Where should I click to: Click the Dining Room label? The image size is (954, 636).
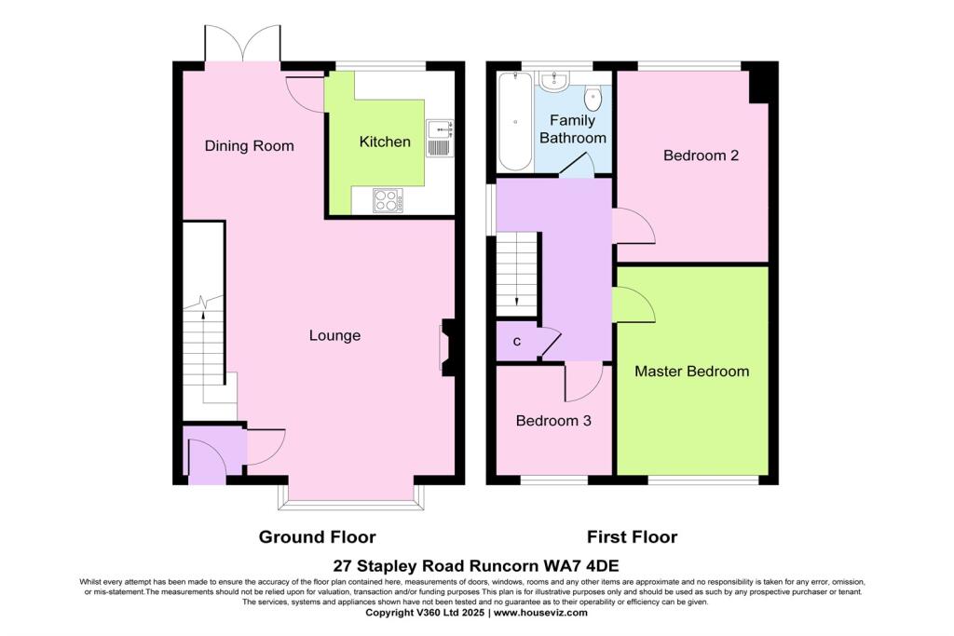click(x=249, y=146)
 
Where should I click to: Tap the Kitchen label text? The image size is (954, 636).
click(x=385, y=142)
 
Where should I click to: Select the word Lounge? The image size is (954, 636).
click(x=334, y=335)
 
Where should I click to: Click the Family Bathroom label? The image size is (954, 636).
click(x=577, y=129)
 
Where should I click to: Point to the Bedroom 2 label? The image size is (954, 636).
click(x=701, y=156)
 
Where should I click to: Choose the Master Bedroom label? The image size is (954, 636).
click(x=691, y=372)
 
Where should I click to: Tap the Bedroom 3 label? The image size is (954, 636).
click(x=553, y=421)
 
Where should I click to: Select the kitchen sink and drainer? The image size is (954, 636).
click(x=439, y=138)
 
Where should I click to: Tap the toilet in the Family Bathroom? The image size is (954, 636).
click(x=593, y=98)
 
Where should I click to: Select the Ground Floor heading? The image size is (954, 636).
click(x=317, y=537)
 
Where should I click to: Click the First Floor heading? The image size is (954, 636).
click(x=632, y=537)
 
